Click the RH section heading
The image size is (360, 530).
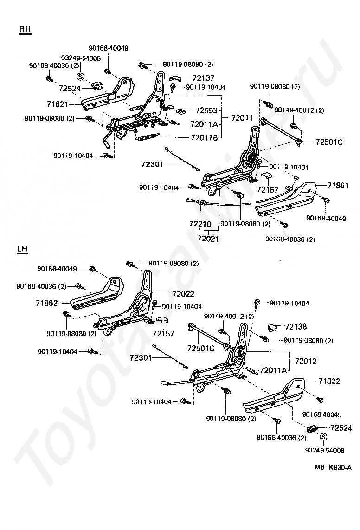(x=25, y=29)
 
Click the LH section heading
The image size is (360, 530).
(x=22, y=249)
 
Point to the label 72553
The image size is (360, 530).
(x=206, y=110)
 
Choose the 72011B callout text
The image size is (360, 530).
(x=204, y=137)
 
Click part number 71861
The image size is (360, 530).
(x=338, y=185)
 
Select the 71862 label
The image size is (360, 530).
(x=46, y=303)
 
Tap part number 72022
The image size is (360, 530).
(x=183, y=294)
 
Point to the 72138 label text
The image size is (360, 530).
(x=296, y=327)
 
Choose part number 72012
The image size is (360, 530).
(x=306, y=361)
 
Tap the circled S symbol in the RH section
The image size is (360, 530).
(x=79, y=77)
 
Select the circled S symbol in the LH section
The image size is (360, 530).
(x=323, y=437)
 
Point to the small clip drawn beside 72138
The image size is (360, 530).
(x=273, y=327)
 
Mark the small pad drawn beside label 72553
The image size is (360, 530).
(x=181, y=110)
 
